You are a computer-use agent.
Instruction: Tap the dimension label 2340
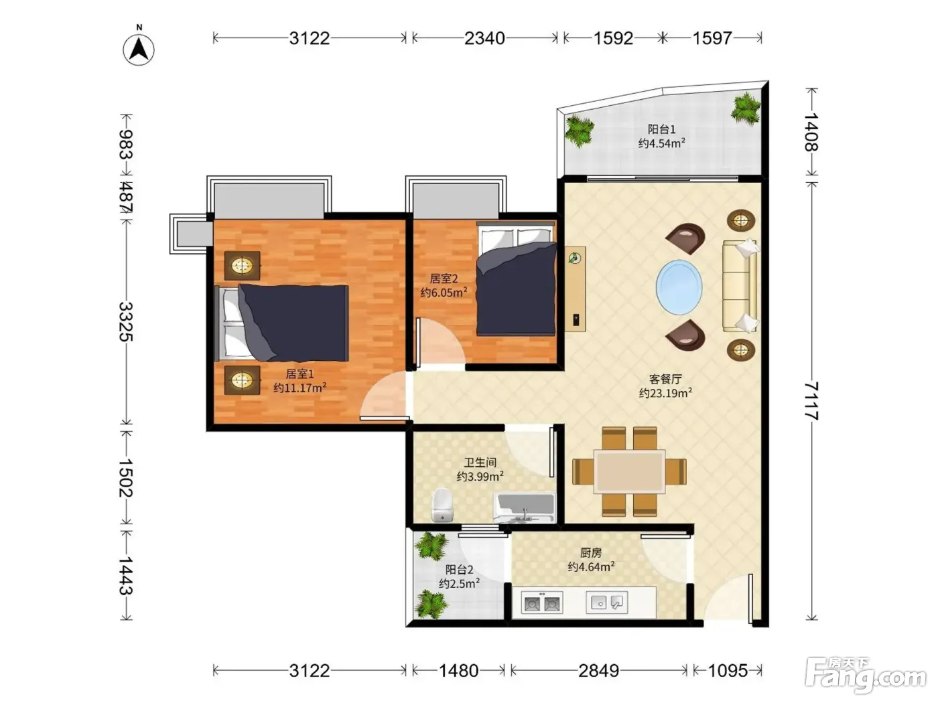484,38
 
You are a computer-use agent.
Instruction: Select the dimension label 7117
811,401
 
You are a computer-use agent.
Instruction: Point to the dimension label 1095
728,671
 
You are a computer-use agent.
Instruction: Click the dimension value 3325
126,322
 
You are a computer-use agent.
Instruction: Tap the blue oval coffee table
679,287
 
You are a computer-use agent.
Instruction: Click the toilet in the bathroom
443,505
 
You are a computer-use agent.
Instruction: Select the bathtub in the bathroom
525,507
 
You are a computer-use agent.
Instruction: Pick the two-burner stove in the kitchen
542,603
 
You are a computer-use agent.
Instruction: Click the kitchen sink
606,603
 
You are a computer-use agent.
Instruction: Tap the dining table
629,471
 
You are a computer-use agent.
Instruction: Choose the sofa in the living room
740,286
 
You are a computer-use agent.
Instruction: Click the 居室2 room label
444,279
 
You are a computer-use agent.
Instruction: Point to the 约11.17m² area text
300,388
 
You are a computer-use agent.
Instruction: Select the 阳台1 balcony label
661,129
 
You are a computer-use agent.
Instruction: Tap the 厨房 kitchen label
591,553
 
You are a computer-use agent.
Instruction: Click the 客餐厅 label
665,379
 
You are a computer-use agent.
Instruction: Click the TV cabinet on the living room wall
575,289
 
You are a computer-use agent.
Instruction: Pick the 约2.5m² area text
460,583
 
